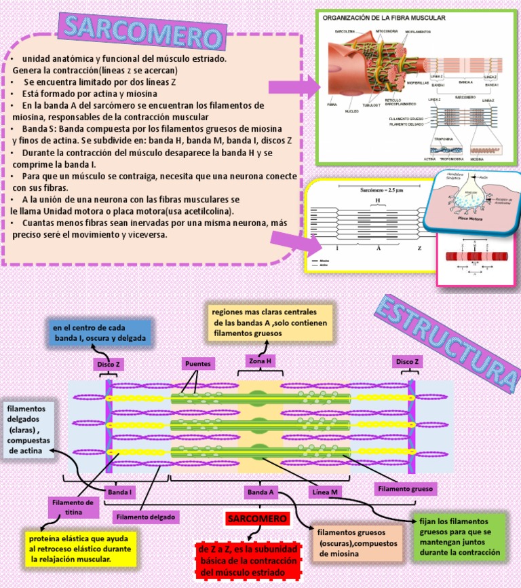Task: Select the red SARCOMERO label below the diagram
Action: [257, 519]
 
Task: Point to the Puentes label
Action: [197, 364]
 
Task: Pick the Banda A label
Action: [260, 491]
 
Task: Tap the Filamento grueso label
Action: [405, 488]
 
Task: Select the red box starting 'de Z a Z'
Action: [249, 561]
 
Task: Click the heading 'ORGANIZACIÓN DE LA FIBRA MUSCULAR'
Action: [383, 18]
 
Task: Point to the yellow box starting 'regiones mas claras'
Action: [270, 323]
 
